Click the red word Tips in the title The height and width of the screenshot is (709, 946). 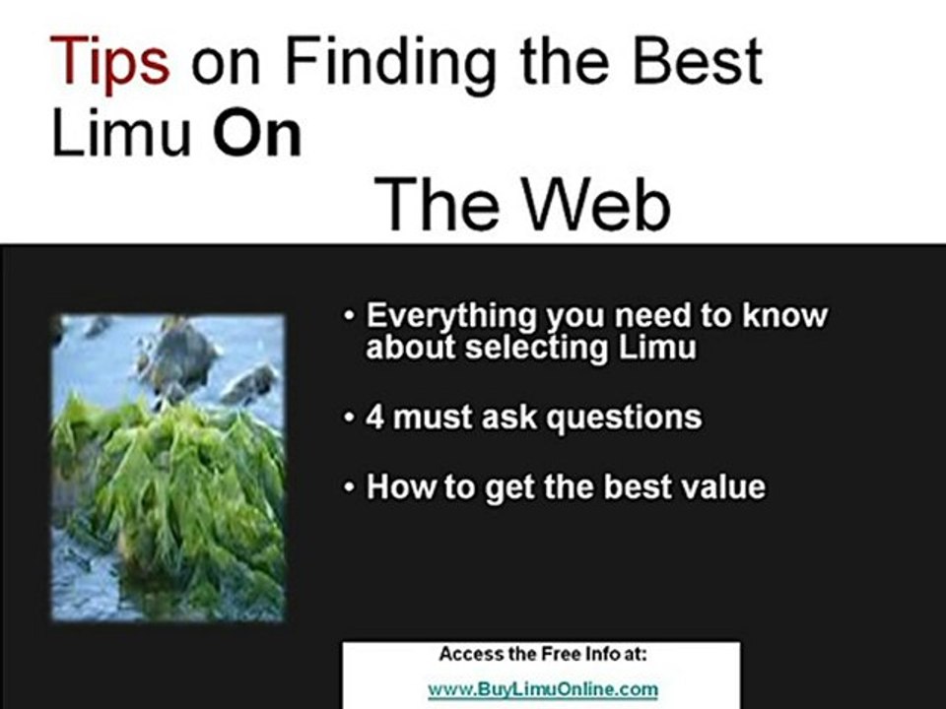click(x=110, y=61)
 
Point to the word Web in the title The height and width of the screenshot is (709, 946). click(x=597, y=206)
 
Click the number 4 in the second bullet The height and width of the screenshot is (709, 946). click(x=375, y=418)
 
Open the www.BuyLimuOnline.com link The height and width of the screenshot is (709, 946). click(x=542, y=689)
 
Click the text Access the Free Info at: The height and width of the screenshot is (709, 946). click(x=542, y=654)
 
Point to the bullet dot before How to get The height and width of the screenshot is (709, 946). click(x=350, y=488)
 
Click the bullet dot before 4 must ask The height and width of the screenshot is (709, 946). click(x=350, y=419)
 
